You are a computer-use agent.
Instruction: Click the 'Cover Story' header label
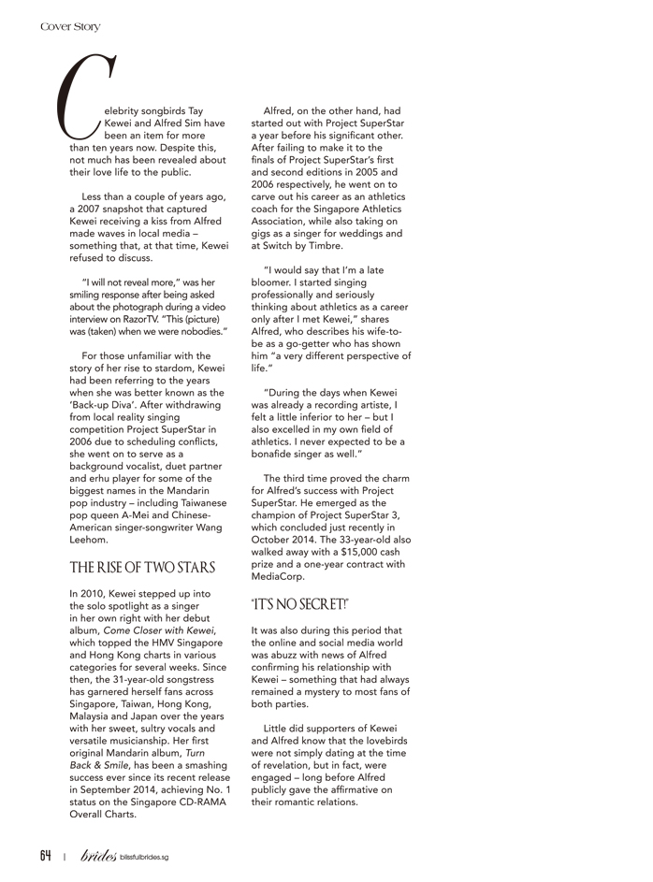point(70,27)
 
